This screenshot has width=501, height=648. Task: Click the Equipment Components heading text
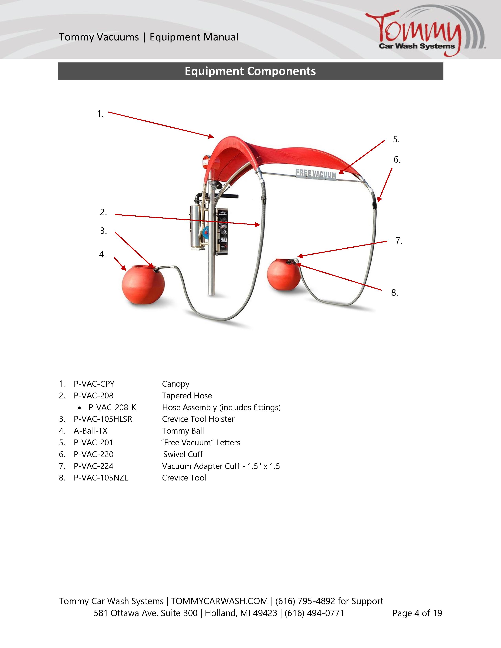(250, 71)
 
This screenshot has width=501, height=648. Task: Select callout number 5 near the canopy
(396, 139)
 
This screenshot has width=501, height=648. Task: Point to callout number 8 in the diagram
(394, 293)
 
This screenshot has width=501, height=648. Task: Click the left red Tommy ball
(143, 284)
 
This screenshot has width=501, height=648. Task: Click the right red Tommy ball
(284, 275)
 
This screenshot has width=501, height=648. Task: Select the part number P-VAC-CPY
(94, 384)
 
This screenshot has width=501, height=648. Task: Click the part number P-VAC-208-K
(112, 407)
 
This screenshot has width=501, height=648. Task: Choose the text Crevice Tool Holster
(198, 419)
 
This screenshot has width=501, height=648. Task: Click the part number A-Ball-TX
(91, 431)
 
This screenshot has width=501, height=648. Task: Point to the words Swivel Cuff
(183, 454)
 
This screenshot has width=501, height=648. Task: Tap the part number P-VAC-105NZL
(101, 478)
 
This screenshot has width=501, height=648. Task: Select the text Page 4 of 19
(417, 613)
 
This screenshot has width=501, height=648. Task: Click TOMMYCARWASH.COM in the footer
(219, 601)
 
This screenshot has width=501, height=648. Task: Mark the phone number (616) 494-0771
(314, 613)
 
